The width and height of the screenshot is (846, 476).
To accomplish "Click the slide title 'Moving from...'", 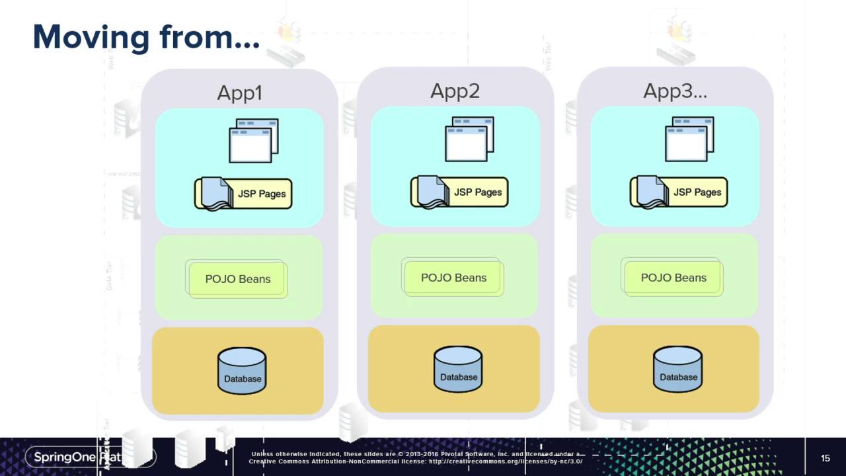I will (146, 37).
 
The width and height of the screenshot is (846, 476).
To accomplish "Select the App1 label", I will (239, 93).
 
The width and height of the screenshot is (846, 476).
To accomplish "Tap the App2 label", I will (455, 91).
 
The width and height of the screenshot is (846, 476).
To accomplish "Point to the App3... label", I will (675, 91).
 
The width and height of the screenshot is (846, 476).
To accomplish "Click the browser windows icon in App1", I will (253, 140).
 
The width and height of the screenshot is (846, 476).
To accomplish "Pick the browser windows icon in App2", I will (469, 139).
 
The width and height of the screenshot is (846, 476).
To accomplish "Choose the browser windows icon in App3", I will (689, 139).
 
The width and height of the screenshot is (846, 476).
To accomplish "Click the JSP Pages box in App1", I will (243, 194).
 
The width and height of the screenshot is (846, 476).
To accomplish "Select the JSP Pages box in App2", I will (459, 192).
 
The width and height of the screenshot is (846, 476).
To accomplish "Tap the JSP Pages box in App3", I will (679, 192).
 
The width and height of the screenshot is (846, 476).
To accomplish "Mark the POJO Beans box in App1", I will (237, 279).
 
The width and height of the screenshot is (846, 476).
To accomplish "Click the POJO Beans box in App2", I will (453, 278).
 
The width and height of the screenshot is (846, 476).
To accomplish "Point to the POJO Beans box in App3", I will (673, 278).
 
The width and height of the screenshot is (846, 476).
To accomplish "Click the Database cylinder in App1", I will (242, 371).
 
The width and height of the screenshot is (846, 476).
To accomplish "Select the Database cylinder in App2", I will (458, 369).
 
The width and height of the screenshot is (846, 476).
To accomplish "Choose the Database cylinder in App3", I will (678, 369).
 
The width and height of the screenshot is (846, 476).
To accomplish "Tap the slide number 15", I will (825, 458).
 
